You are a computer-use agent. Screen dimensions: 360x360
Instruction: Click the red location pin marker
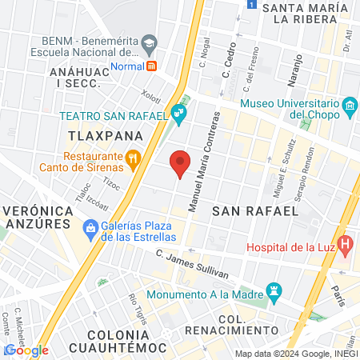click(x=180, y=162)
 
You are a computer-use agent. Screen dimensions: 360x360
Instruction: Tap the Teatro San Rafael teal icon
click(x=180, y=117)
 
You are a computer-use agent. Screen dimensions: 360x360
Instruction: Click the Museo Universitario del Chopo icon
click(x=349, y=106)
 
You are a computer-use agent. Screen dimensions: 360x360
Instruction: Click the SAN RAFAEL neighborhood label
click(x=255, y=210)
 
